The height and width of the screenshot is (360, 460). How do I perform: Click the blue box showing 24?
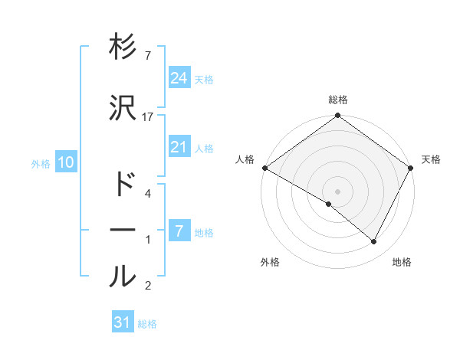tap(179, 78)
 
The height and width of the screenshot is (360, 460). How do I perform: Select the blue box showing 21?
tap(179, 147)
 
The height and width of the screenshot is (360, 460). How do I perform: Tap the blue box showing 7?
tap(179, 231)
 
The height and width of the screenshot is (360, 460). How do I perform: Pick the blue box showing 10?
tap(65, 162)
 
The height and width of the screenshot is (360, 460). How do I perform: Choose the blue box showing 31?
tap(123, 322)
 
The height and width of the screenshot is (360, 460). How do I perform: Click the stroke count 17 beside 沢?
tap(148, 116)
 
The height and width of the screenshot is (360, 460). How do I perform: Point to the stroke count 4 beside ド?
tap(147, 194)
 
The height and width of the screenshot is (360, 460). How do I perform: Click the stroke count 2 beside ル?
tap(147, 286)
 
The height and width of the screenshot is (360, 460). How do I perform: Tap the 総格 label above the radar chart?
tap(337, 100)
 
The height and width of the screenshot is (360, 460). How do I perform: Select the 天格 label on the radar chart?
tap(431, 159)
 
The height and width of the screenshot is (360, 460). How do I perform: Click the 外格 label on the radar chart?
tap(270, 262)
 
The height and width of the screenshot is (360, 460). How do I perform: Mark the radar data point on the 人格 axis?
tap(264, 168)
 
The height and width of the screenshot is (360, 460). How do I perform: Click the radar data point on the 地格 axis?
tap(374, 242)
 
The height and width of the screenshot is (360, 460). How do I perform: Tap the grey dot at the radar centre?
tap(337, 191)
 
